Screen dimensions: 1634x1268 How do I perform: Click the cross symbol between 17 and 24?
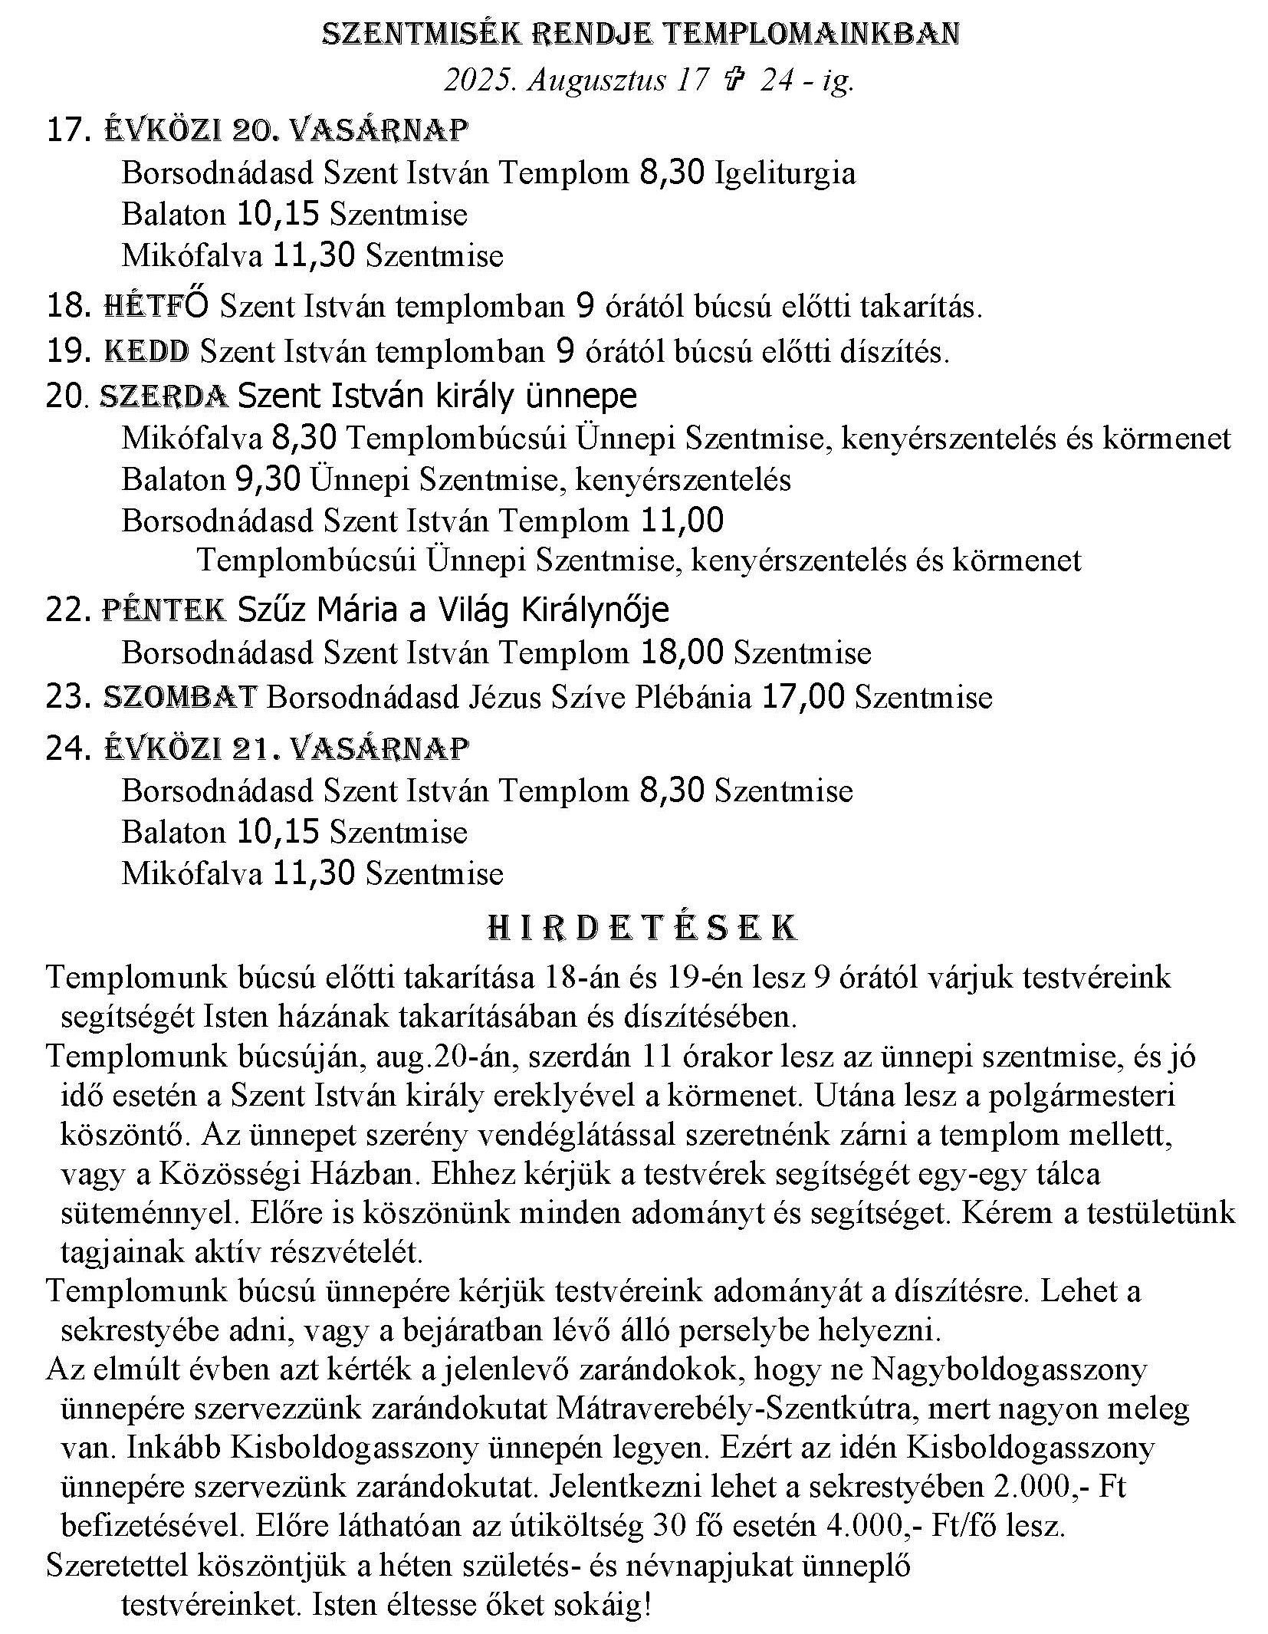(733, 80)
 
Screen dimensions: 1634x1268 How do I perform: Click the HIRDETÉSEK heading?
(642, 928)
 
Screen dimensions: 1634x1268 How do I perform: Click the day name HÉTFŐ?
(155, 306)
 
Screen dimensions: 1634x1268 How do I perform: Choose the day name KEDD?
(146, 351)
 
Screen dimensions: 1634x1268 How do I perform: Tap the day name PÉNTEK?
(164, 610)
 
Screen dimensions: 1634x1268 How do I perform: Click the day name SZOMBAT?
(179, 697)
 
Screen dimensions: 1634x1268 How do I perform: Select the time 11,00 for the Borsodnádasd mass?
(681, 521)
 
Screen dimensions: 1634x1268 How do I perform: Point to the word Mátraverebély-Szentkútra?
(803, 1409)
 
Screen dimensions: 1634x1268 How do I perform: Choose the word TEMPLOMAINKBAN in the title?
(809, 34)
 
